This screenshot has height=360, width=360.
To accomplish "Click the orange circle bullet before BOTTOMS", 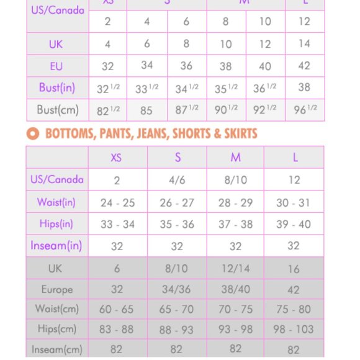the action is [34, 133].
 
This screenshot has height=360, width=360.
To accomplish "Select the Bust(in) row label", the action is [57, 88].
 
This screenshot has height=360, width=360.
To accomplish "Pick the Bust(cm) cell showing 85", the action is [146, 111].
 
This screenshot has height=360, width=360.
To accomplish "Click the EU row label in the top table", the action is [56, 66].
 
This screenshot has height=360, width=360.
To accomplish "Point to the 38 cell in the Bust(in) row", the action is [304, 88].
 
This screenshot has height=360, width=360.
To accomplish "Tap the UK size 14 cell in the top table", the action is [304, 44].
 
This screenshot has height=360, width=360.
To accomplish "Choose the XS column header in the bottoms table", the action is [117, 158].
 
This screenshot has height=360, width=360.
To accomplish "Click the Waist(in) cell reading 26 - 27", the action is [177, 203].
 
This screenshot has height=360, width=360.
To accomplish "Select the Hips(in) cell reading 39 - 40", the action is [294, 224].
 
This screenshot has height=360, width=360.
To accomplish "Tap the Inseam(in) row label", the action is [56, 246].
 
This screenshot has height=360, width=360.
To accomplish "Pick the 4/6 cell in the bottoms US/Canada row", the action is [177, 180].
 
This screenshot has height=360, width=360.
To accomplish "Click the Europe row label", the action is [57, 290].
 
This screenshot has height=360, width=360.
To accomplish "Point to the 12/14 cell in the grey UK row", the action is [236, 269].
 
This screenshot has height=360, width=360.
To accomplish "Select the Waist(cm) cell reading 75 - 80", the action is [294, 309].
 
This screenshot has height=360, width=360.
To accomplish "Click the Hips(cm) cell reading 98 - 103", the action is [294, 329].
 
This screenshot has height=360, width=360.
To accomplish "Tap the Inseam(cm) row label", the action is [56, 349].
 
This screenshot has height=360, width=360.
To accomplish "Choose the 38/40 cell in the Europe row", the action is [236, 290].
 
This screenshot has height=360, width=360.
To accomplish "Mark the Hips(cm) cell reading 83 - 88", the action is [117, 329].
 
